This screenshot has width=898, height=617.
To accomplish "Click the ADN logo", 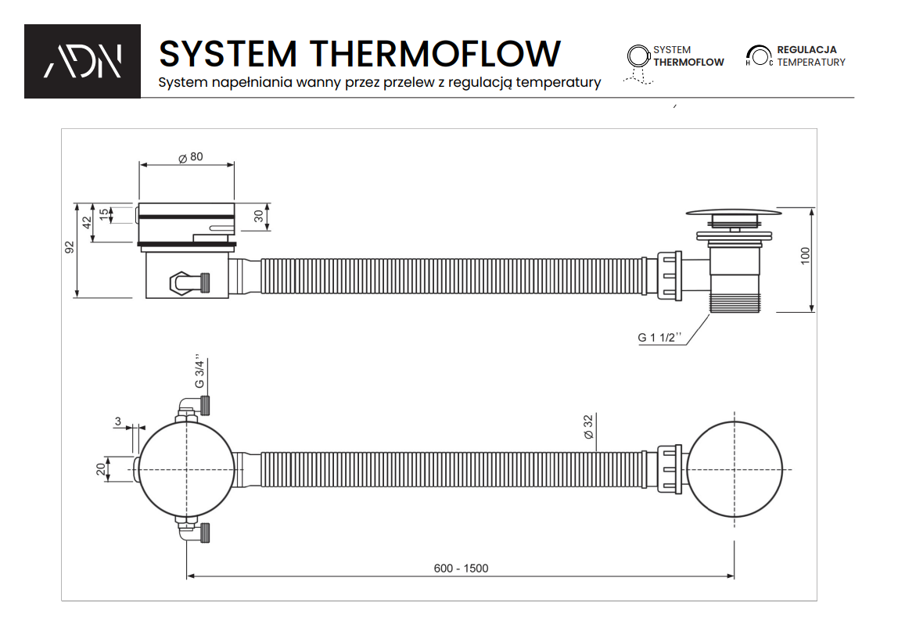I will click(82, 61).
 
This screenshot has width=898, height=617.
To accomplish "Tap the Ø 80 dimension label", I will click(190, 157).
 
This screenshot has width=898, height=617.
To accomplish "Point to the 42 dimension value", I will click(88, 222).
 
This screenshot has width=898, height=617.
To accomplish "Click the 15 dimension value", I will click(103, 213).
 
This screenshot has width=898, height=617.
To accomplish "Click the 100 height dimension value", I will click(806, 256).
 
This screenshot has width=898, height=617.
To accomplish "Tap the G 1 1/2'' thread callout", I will click(659, 338).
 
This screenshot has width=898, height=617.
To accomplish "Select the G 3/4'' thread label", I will click(200, 374).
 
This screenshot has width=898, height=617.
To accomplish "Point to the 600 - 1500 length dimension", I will click(461, 568).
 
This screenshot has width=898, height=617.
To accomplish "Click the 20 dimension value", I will click(100, 469).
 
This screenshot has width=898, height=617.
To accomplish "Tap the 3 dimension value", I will click(117, 422).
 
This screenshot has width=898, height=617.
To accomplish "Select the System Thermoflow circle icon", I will click(638, 56).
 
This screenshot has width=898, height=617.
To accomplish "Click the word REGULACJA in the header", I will click(806, 50).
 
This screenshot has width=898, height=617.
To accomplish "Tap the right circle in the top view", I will click(735, 469).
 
